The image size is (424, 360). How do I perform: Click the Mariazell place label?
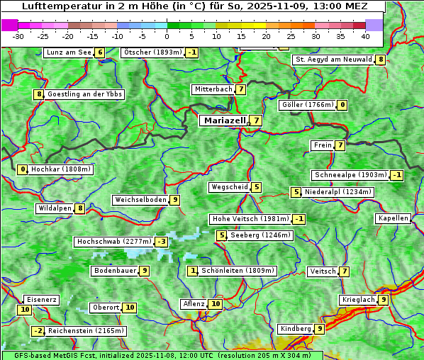click(x=225, y=120)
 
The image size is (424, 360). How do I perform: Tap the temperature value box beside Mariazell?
click(x=255, y=120)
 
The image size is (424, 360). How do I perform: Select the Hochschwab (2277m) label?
click(x=114, y=242)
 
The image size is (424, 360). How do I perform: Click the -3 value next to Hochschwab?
click(x=162, y=242)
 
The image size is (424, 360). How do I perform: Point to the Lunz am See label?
click(x=69, y=52)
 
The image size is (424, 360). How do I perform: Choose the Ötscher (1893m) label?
click(x=152, y=52)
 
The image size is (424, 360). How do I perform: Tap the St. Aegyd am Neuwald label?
click(x=333, y=60)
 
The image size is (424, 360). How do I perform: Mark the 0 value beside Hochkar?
click(x=23, y=169)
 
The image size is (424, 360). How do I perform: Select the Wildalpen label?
click(x=55, y=208)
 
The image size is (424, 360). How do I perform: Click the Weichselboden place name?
click(x=140, y=200)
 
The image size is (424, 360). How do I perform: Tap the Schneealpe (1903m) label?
click(x=350, y=175)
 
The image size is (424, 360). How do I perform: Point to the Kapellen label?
click(x=393, y=218)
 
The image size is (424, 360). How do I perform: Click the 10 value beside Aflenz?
click(x=216, y=304)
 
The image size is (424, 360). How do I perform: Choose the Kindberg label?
click(x=296, y=329)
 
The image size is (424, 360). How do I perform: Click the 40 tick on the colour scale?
click(x=365, y=36)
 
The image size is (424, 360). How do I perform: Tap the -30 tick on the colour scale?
click(x=18, y=36)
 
